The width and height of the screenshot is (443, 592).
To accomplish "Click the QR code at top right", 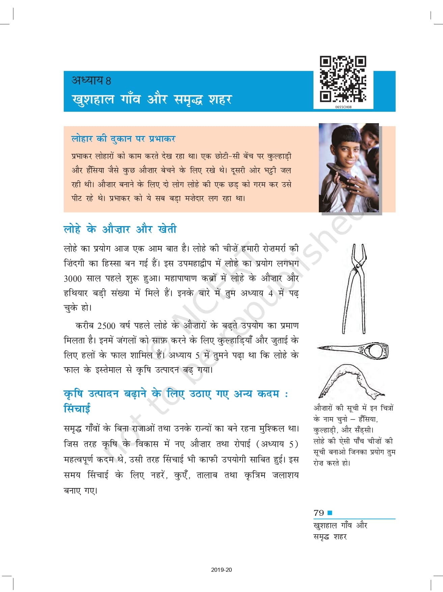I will pos(343,79).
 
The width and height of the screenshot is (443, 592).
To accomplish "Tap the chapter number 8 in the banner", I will pos(108,81).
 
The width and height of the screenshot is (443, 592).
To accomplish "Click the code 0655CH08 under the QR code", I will pos(343,107).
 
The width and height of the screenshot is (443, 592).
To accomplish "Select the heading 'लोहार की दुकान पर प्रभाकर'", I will pos(123,139).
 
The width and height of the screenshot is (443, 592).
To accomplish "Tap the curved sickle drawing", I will pos(351,381).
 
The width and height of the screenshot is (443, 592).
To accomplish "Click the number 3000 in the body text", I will pos(73,279).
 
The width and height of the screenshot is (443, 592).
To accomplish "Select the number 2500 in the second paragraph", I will pos(106,326).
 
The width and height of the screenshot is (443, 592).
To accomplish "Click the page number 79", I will pos(319,513).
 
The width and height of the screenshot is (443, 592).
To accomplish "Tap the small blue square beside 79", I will pos(330,513).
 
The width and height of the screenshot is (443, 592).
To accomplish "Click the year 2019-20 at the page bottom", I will pos(221,570).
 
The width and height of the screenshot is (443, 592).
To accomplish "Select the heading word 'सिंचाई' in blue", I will pos(77,409).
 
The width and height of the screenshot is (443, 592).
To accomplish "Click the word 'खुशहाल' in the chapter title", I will pos(93,100).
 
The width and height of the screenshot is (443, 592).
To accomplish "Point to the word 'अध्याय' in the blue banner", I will pos(87,80).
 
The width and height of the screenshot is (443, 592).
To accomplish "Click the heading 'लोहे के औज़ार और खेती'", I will pos(120,229).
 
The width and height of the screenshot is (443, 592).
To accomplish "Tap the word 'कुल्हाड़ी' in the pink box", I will pos(279,156).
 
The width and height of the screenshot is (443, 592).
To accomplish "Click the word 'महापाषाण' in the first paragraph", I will pos(181,279).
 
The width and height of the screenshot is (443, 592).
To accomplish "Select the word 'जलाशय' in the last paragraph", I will pos(285,475).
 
